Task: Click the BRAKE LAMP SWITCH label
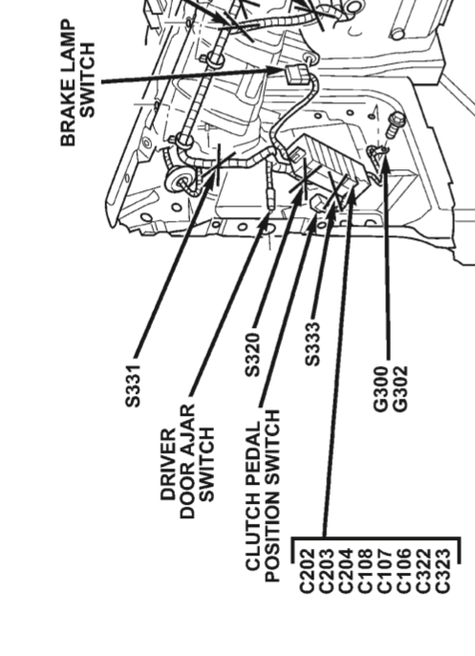click(78, 82)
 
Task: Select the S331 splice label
click(134, 385)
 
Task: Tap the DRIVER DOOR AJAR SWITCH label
click(187, 462)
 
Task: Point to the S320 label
click(252, 355)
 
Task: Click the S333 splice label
click(313, 344)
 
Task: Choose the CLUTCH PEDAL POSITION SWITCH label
click(263, 495)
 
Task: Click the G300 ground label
click(381, 388)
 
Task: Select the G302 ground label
click(400, 388)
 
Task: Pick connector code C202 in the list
click(307, 571)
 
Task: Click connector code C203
click(326, 571)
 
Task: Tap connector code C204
click(345, 571)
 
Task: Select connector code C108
click(365, 571)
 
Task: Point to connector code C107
click(384, 571)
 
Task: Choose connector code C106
click(404, 571)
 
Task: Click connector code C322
click(423, 571)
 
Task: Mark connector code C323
click(443, 571)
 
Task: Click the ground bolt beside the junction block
click(394, 124)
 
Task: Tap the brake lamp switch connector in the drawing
click(296, 75)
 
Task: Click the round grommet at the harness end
click(181, 182)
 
